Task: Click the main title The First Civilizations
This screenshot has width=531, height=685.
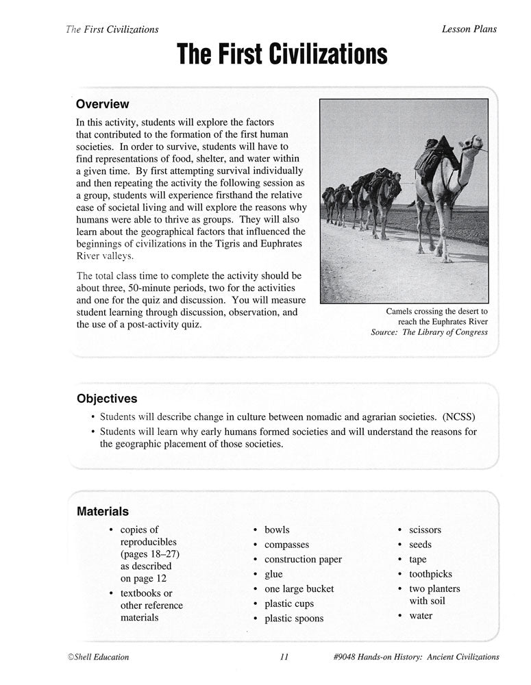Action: tap(282, 53)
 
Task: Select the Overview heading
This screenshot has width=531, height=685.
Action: tap(102, 104)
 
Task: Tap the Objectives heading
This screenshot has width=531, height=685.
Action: tap(106, 398)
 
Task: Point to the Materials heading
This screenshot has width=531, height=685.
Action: tap(102, 510)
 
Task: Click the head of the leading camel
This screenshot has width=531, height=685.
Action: tap(472, 145)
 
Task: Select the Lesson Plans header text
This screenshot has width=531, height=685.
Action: tap(469, 29)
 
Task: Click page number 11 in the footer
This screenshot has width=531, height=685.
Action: tap(284, 657)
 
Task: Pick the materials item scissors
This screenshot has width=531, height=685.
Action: tap(425, 530)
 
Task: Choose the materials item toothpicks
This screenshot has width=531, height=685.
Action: tap(430, 574)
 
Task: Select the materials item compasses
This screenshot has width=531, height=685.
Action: tap(286, 545)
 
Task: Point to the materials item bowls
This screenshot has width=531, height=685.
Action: tap(277, 530)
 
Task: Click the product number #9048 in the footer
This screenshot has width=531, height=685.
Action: tap(347, 657)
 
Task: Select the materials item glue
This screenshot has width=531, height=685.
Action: tap(273, 574)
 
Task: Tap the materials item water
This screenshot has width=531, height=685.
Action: tap(421, 615)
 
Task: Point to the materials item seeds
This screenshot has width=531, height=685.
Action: tap(420, 545)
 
